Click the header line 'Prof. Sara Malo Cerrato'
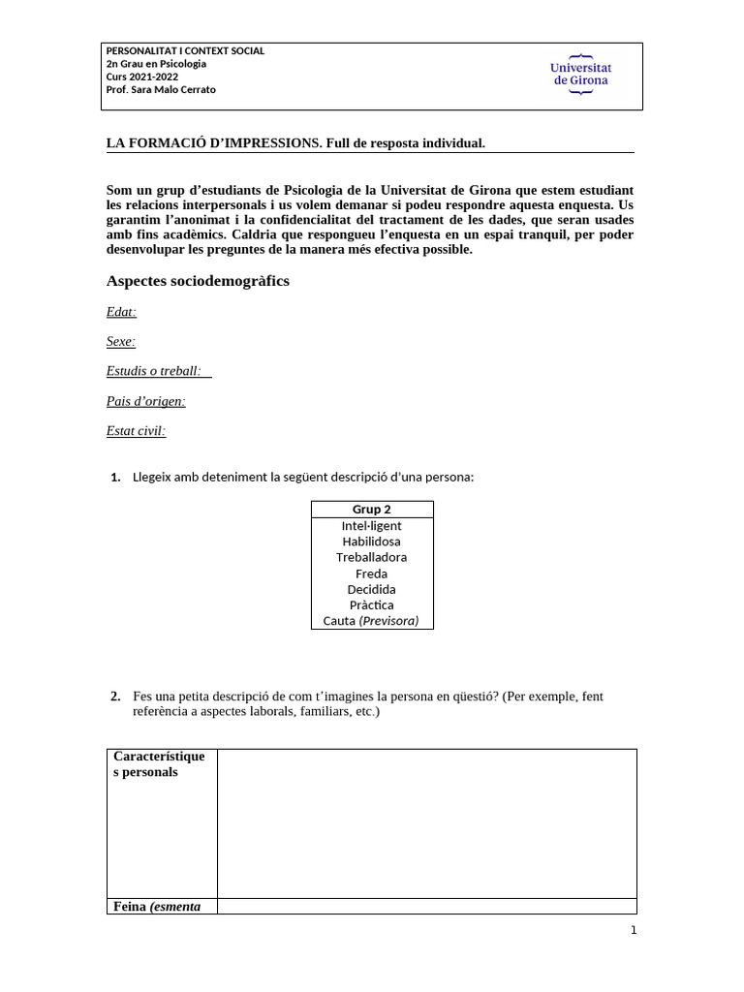coord(161,90)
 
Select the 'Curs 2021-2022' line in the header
coord(141,77)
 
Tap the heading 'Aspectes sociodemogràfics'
coord(198,281)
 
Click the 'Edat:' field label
coord(121,311)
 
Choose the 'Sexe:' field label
coord(121,341)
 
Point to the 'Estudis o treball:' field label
coord(154,371)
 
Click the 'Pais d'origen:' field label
coord(145,401)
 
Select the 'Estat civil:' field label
coord(136,431)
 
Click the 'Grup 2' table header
coord(372,510)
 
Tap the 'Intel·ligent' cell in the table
coord(372,526)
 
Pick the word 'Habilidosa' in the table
coord(372,542)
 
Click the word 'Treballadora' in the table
coord(372,557)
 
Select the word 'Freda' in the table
coord(372,573)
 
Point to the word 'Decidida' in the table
coord(372,589)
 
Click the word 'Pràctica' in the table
coord(372,605)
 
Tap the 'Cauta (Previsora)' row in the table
coord(372,621)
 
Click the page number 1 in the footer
coord(634,931)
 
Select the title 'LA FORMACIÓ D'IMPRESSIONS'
coord(213,143)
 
